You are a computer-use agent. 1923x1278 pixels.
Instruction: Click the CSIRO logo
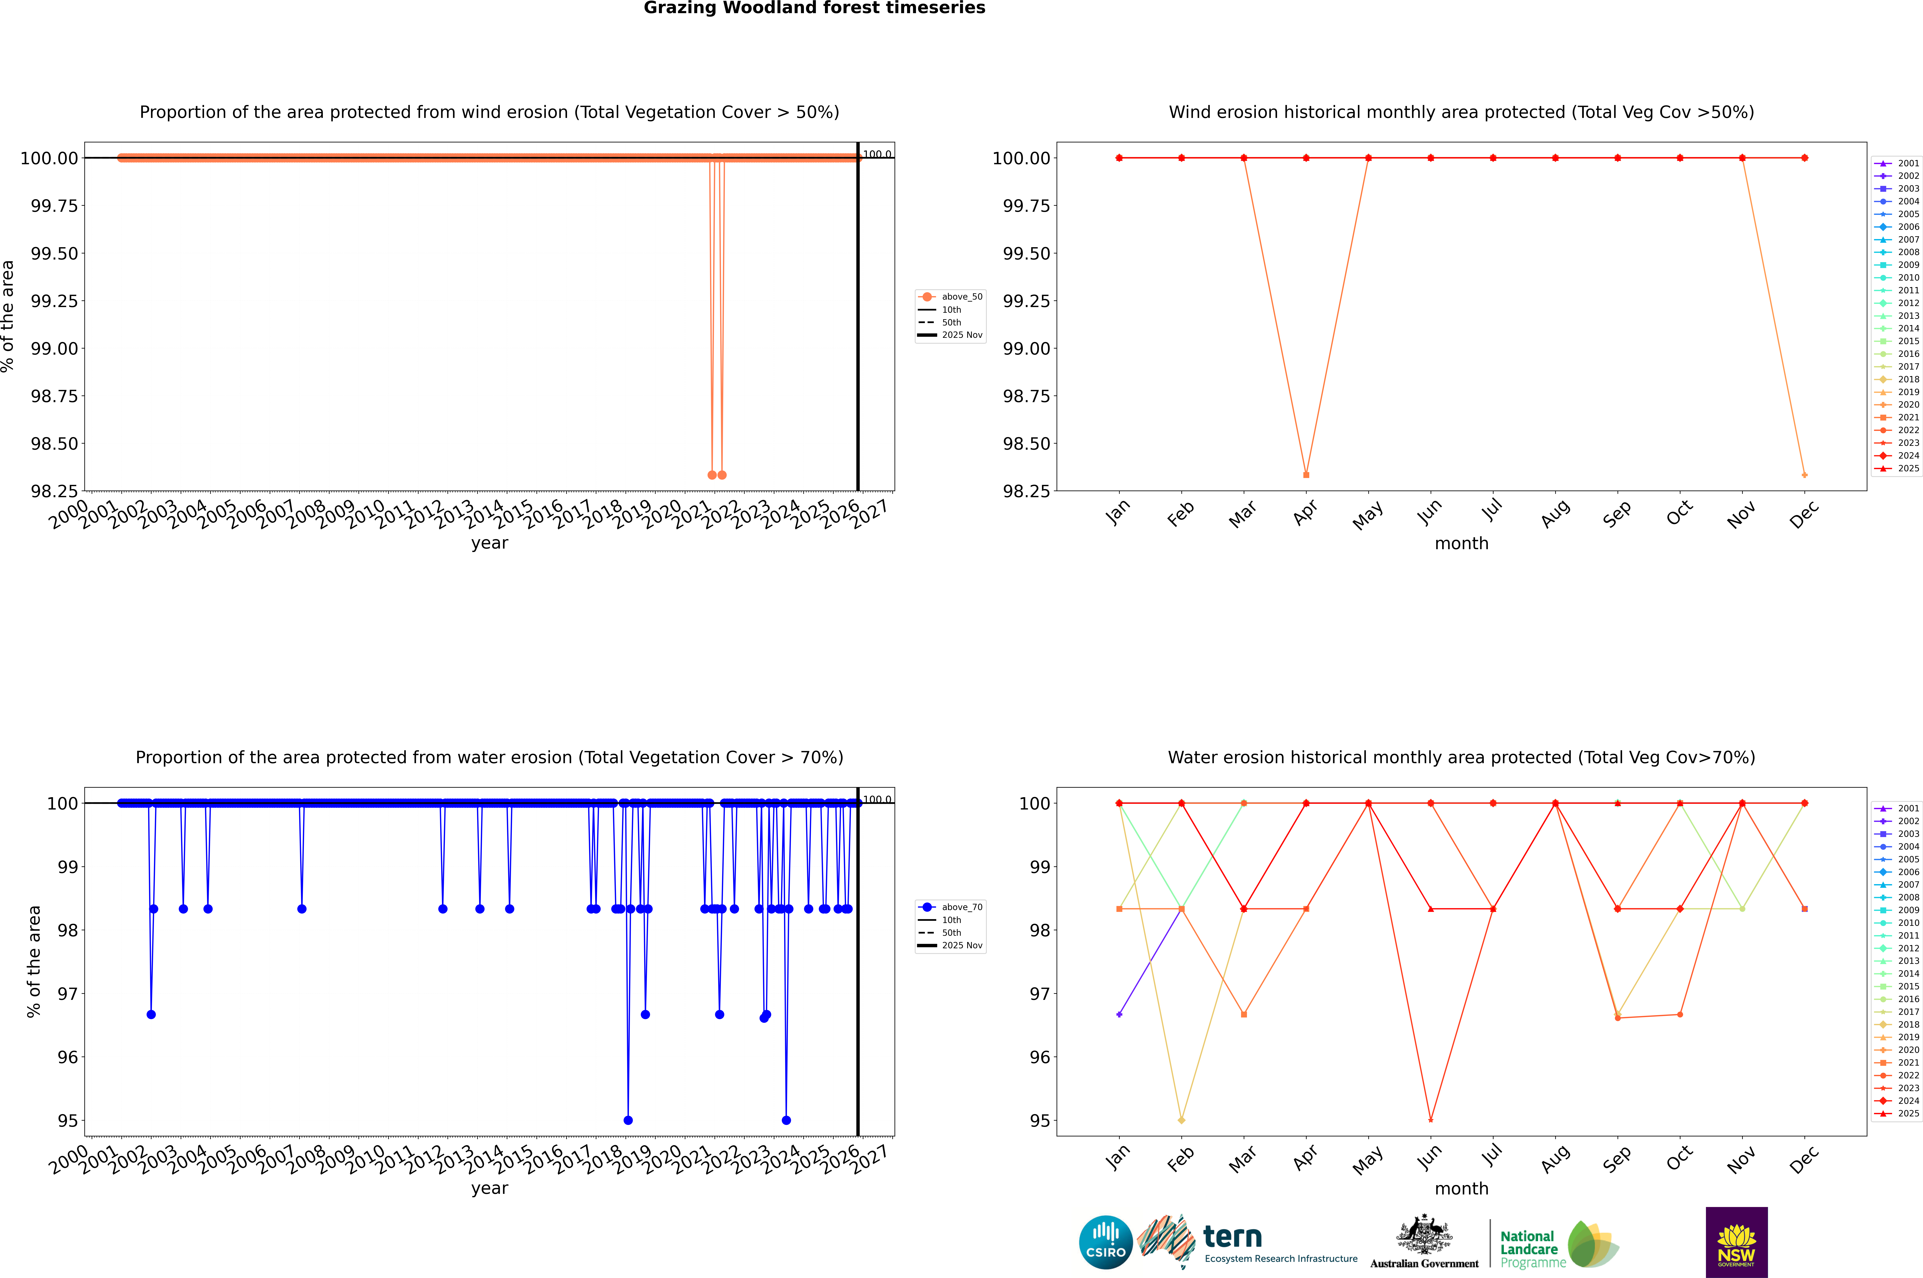[x=1105, y=1242]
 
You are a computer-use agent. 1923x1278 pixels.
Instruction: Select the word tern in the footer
[x=1233, y=1237]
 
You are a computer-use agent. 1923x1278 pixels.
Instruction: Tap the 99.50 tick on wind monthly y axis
[x=1026, y=253]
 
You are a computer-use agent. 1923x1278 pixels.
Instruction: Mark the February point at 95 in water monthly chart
[x=1181, y=1120]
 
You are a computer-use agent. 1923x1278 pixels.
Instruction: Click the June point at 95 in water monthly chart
[x=1431, y=1120]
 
